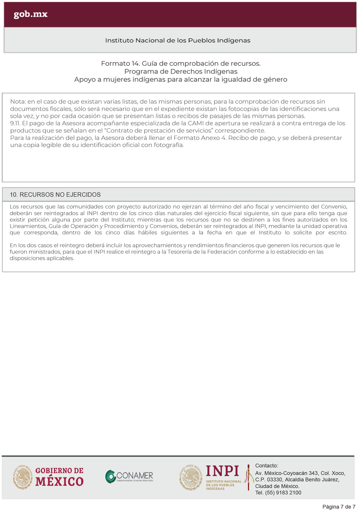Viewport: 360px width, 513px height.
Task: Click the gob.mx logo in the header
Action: pos(31,14)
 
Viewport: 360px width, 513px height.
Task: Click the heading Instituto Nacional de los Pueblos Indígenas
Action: pos(178,40)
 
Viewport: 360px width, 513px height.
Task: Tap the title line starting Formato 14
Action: pos(181,63)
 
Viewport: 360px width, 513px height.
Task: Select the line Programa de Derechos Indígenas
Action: pos(181,71)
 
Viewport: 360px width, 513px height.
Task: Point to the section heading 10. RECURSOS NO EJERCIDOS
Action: pos(55,194)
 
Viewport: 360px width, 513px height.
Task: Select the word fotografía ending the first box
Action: pos(167,145)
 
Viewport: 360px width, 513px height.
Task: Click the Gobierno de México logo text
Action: pos(59,477)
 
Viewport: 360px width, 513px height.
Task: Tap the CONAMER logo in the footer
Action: pos(129,477)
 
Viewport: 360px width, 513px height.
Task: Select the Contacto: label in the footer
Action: pos(266,466)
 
